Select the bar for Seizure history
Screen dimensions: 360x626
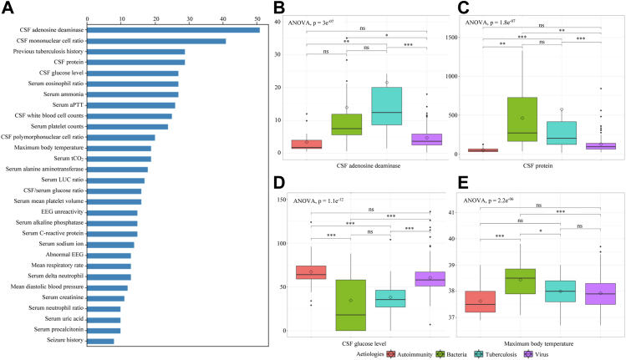(x=100, y=341)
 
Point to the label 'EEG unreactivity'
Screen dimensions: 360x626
(x=55, y=212)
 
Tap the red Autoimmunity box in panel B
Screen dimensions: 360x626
(x=307, y=144)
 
